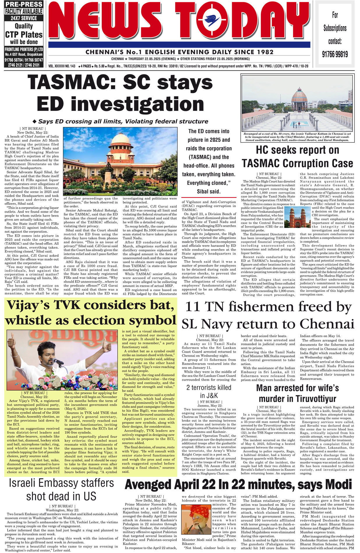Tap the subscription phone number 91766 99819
click(335, 54)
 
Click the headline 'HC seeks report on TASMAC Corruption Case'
click(297, 157)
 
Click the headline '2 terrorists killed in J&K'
click(209, 391)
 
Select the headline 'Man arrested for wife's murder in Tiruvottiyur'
click(297, 393)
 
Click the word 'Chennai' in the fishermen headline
click(327, 324)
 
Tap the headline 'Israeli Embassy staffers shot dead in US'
click(61, 489)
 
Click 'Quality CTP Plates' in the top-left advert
click(24, 31)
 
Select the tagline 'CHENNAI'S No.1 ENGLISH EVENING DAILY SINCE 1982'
click(179, 52)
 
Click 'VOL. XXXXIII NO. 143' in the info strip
click(62, 66)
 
